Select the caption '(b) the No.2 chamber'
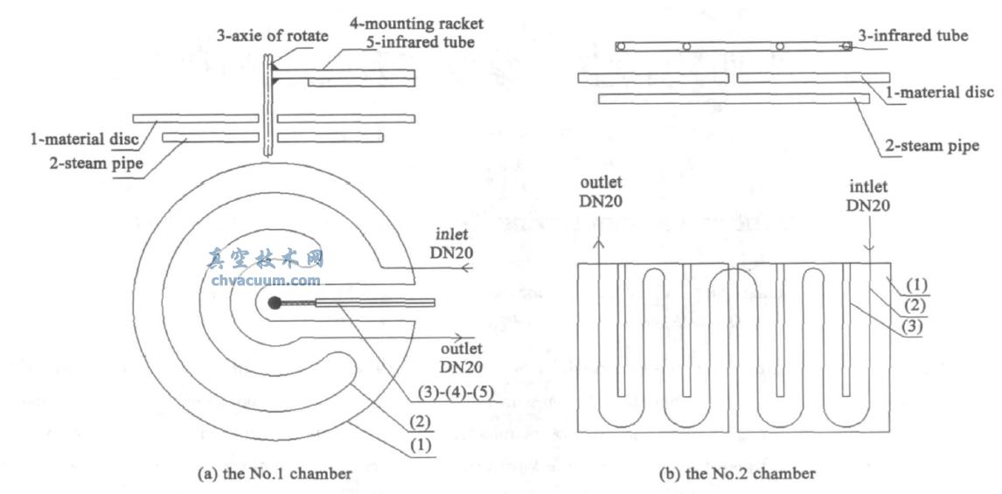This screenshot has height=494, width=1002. point(738,474)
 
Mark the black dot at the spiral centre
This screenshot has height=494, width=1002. point(275,303)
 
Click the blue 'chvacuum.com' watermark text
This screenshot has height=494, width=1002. point(267,281)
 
